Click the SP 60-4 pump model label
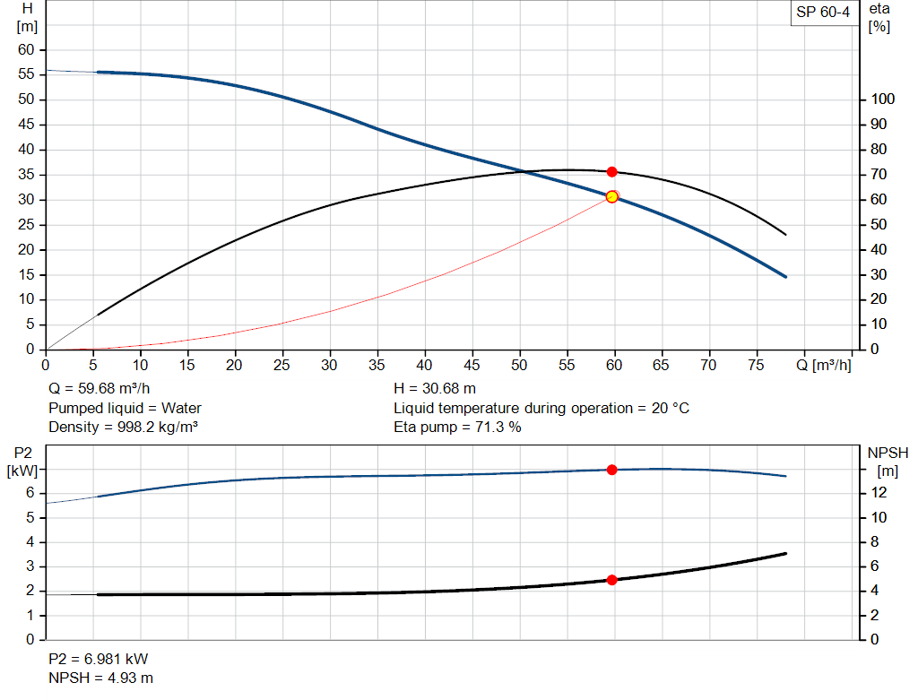822,13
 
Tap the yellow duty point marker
611,196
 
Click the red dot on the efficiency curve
611,171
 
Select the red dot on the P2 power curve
611,470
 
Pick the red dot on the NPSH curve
611,580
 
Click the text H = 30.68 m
436,389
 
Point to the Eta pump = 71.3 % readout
457,427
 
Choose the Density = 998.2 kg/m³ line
123,427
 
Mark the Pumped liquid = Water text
125,408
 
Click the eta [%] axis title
879,17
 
